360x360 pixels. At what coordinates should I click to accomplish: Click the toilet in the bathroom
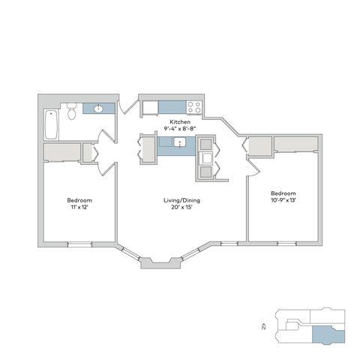point(71,111)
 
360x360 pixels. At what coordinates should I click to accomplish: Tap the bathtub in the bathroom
point(52,124)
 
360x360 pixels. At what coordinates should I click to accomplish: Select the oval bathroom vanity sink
point(98,109)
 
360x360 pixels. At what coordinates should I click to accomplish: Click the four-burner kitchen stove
point(194,107)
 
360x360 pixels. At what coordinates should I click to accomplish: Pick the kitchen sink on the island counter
point(180,142)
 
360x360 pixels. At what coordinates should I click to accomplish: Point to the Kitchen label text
point(180,122)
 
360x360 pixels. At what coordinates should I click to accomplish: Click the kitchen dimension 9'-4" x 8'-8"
point(180,129)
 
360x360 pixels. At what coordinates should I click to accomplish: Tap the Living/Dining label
point(181,200)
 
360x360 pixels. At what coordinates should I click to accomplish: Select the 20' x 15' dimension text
point(181,207)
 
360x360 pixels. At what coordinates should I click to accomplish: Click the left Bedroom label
point(79,200)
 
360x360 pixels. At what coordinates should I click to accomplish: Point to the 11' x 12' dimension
point(79,207)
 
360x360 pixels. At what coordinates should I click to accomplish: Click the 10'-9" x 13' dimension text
point(283,200)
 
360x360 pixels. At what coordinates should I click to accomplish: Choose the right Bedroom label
point(283,193)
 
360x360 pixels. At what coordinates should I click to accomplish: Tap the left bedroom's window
point(80,244)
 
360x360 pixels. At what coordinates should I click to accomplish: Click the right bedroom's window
point(287,244)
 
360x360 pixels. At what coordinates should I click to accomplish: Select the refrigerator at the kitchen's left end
point(150,107)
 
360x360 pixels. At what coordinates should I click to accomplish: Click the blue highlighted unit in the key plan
point(328,334)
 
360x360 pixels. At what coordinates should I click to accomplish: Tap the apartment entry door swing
point(127,106)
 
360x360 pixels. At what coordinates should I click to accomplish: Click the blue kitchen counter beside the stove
point(172,107)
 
